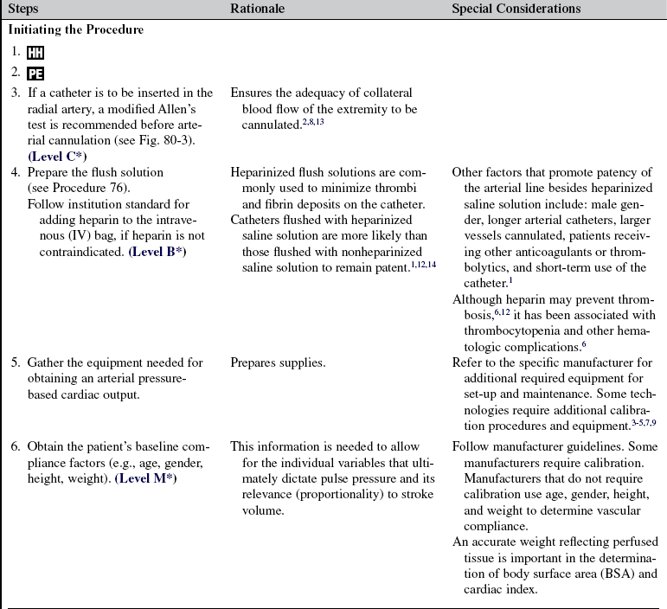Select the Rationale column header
click(x=261, y=9)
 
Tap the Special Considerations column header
click(x=516, y=9)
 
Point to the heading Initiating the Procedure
click(x=75, y=29)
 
